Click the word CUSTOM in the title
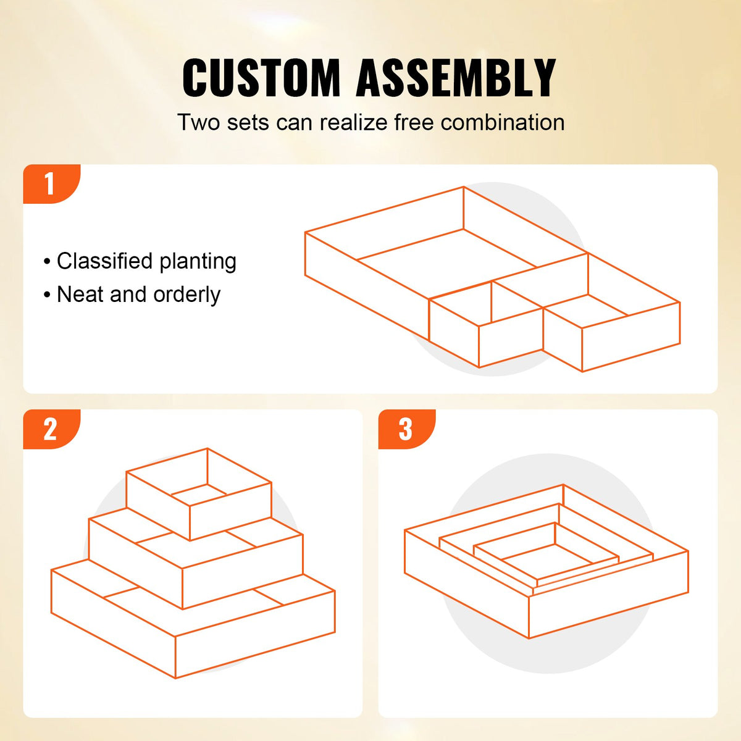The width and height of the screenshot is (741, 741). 261,78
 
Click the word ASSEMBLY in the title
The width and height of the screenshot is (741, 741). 456,78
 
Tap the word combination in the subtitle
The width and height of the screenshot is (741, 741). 503,122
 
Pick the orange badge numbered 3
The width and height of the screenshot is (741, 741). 406,429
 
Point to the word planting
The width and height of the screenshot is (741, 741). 198,262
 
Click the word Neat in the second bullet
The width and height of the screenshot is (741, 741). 80,295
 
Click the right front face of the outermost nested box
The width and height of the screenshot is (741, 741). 608,605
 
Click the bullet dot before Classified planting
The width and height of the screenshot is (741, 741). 47,262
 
